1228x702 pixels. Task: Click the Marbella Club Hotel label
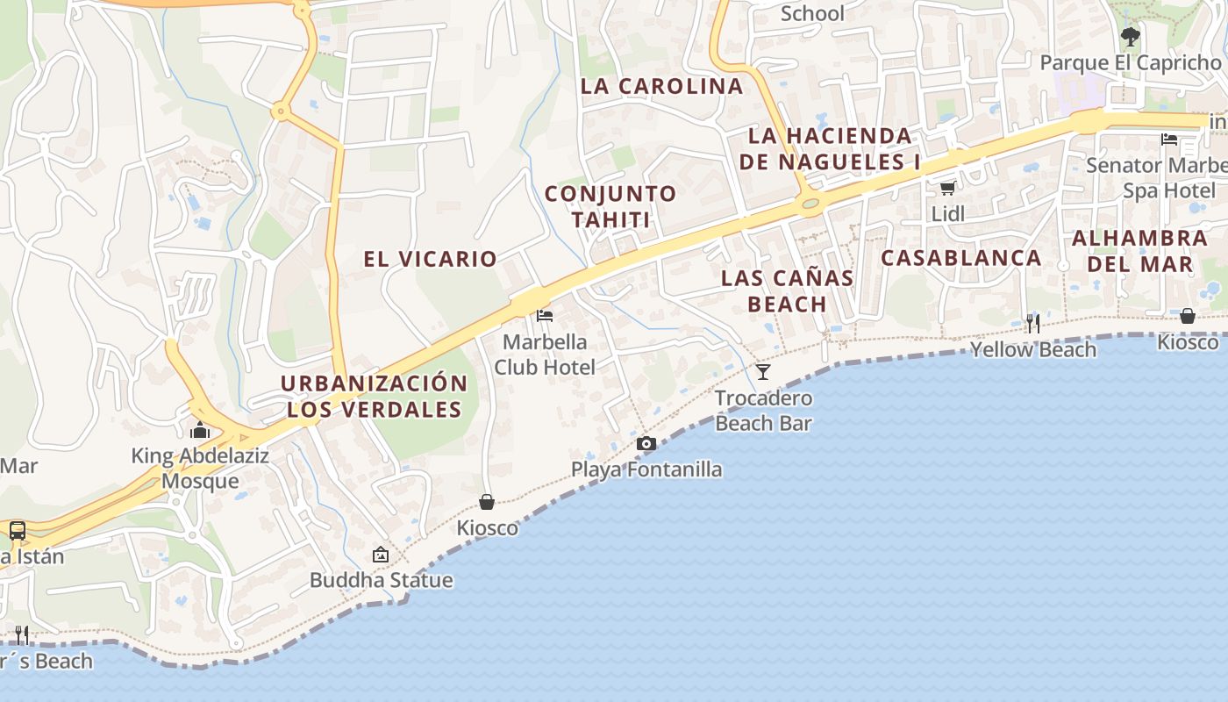(545, 355)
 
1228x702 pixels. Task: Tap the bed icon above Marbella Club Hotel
(545, 316)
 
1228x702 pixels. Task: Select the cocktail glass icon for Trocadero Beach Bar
(763, 372)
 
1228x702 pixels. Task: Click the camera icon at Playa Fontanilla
(646, 444)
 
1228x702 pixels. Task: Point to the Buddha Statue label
(382, 580)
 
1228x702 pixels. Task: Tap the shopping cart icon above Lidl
(947, 188)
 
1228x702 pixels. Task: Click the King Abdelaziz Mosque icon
(200, 430)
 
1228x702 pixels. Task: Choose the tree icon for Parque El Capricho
(1130, 37)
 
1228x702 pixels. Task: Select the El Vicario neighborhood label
(431, 259)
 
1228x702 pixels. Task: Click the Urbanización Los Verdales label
(375, 397)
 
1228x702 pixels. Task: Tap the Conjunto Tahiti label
(610, 206)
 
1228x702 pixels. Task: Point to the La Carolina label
(662, 86)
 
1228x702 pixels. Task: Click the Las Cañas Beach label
(787, 291)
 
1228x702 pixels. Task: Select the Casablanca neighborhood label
(961, 258)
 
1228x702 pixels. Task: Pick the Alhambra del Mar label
(1139, 251)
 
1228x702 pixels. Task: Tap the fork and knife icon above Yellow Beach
(1032, 323)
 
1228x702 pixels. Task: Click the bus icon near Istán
(17, 530)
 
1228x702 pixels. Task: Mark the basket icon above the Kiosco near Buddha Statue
(487, 502)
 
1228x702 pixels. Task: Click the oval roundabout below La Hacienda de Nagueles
(810, 204)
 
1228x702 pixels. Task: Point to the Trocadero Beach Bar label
(763, 411)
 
